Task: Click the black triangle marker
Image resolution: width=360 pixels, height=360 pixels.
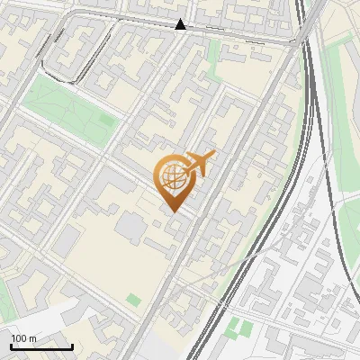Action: pyautogui.click(x=181, y=25)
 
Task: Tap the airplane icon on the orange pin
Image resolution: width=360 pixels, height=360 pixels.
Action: pyautogui.click(x=199, y=164)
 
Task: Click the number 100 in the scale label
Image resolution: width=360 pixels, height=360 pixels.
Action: pyautogui.click(x=20, y=338)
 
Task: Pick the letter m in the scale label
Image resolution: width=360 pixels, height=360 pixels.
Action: pyautogui.click(x=33, y=338)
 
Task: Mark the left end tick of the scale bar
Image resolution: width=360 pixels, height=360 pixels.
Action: pyautogui.click(x=11, y=346)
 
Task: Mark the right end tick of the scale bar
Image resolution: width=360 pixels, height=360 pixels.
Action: pyautogui.click(x=72, y=346)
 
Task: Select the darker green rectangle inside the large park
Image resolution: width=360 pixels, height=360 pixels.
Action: pyautogui.click(x=106, y=120)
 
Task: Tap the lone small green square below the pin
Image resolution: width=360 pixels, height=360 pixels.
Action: pyautogui.click(x=134, y=300)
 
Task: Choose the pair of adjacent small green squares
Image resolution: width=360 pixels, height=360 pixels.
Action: pyautogui.click(x=240, y=328)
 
